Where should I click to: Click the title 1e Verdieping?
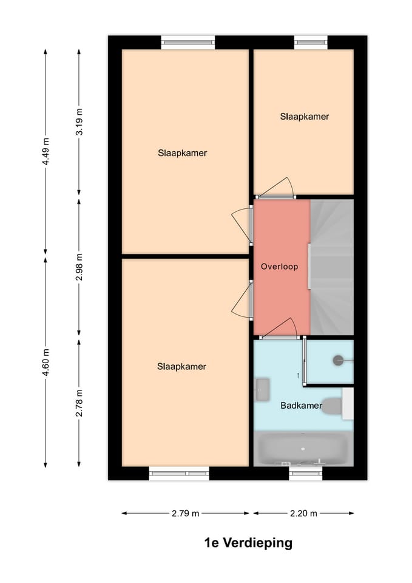tap(248, 543)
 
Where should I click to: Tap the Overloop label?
tap(279, 267)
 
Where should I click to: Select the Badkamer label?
tap(301, 406)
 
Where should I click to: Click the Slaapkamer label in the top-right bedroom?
tap(305, 116)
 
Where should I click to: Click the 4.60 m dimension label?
tap(46, 362)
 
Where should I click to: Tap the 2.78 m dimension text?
tap(79, 403)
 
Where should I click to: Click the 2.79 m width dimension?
tap(185, 514)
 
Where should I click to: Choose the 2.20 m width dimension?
tap(303, 514)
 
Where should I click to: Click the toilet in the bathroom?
tap(333, 406)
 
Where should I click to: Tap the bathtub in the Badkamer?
tap(303, 449)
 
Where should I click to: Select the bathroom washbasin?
tap(263, 389)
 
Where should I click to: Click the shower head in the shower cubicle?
tap(337, 360)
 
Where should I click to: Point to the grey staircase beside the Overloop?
tap(332, 267)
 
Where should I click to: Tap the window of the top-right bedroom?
tap(311, 42)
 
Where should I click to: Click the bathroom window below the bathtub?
tap(305, 474)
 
